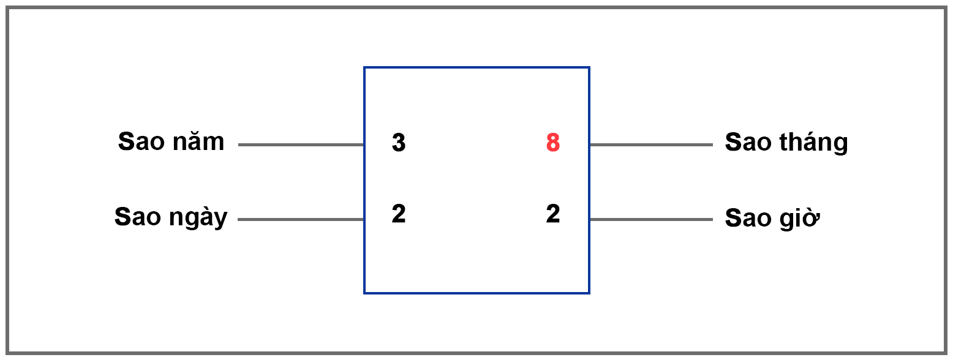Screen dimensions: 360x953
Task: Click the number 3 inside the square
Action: tap(399, 143)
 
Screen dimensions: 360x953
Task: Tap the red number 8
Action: tap(553, 143)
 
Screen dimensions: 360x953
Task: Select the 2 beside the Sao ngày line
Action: tap(399, 214)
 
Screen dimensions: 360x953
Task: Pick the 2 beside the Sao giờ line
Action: tap(553, 214)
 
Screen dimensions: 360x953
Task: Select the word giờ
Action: tap(802, 218)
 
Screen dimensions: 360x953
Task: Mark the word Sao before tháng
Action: tap(745, 142)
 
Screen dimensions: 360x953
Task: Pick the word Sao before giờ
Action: tap(745, 218)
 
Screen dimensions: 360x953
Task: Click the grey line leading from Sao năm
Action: tap(301, 145)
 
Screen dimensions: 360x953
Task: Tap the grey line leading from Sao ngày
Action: tap(301, 219)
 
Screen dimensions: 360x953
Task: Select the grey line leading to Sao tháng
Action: tap(651, 145)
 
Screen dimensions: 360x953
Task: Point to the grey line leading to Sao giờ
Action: tap(651, 219)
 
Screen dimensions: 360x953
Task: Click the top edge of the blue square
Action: tap(476, 67)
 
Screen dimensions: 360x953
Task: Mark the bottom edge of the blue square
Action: tap(476, 293)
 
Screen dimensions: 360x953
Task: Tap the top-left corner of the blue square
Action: tap(364, 67)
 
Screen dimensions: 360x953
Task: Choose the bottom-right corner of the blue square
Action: tap(589, 293)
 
